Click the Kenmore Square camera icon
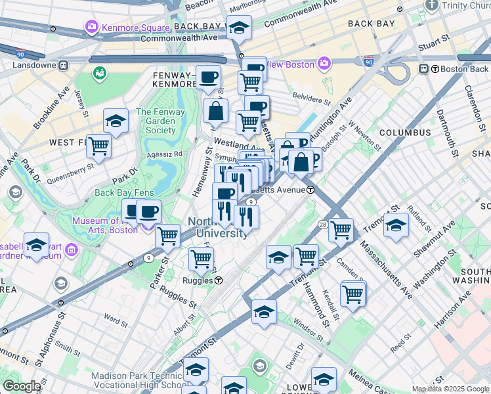(x=91, y=27)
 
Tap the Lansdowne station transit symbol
(x=64, y=66)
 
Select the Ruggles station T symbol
(x=219, y=280)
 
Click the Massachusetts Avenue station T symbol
(x=310, y=190)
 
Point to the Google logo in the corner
(x=21, y=386)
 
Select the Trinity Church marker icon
(x=431, y=5)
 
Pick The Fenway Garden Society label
(x=156, y=121)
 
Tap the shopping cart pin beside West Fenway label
(x=99, y=146)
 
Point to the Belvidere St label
(x=310, y=101)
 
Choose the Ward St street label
(x=115, y=321)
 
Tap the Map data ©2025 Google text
(x=450, y=389)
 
